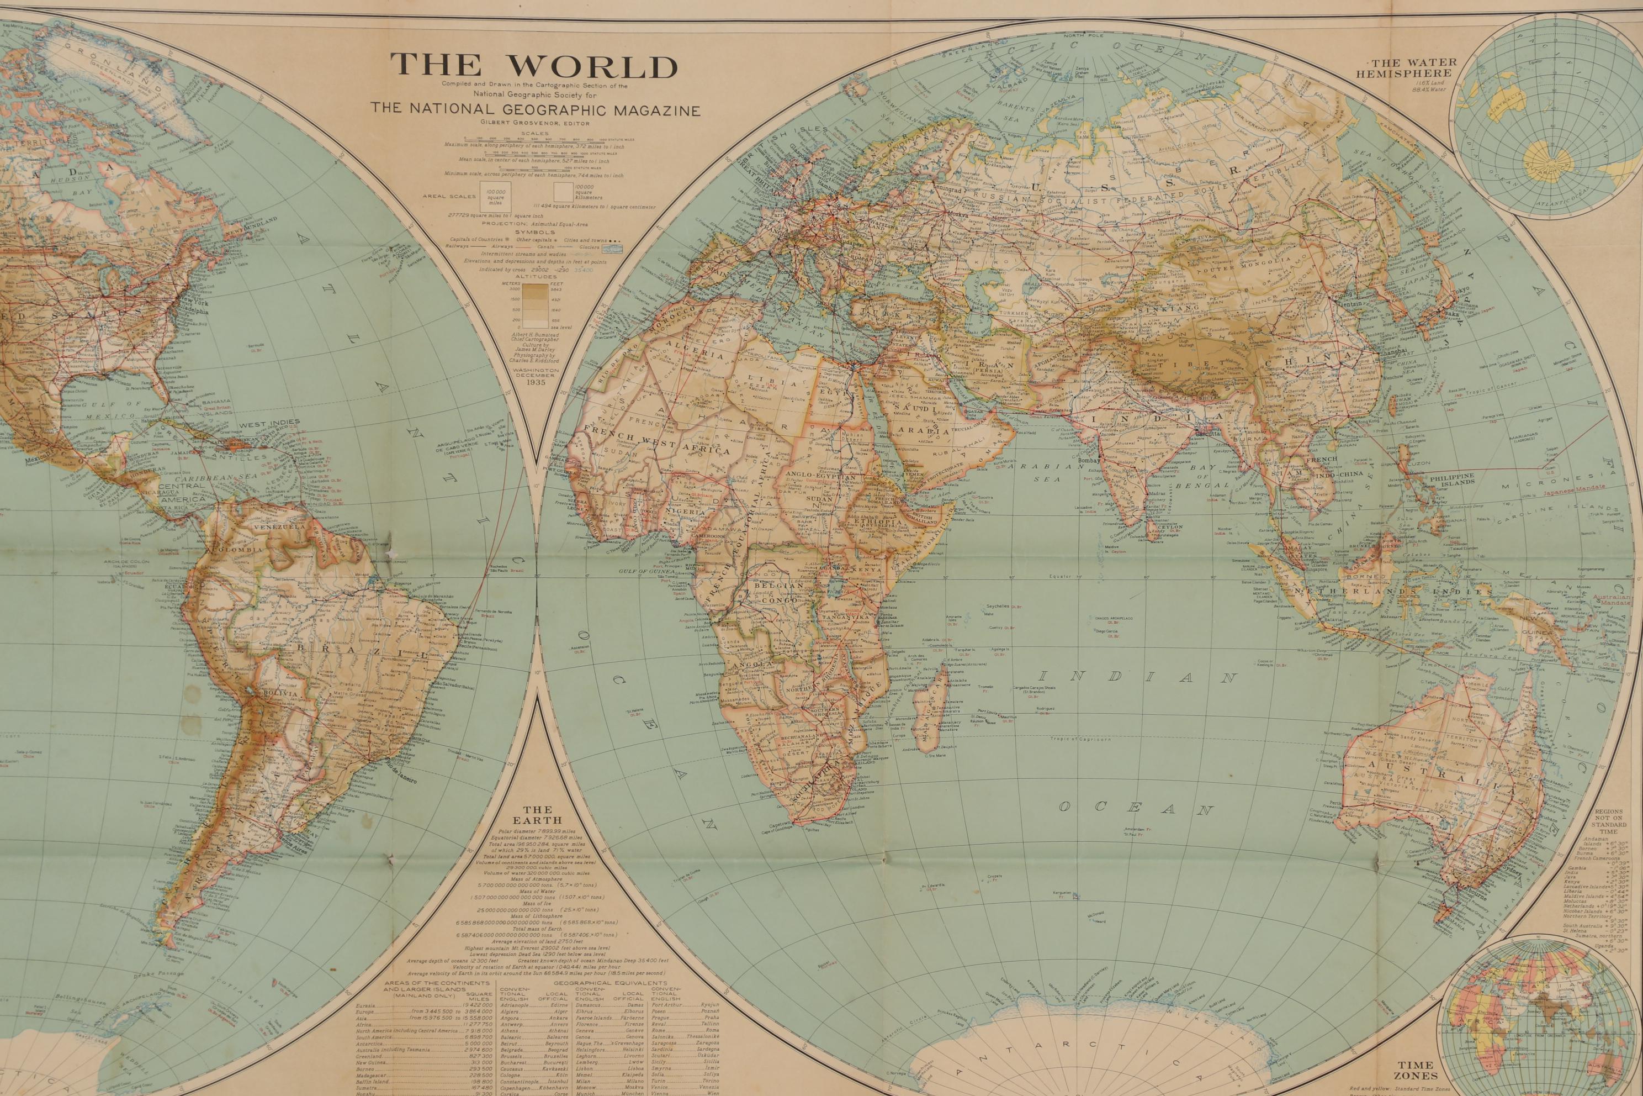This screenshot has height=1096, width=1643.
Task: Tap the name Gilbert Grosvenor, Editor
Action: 534,123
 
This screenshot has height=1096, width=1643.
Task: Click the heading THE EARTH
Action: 537,815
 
